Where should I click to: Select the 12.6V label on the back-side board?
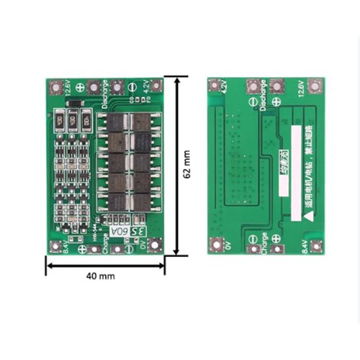point(299,90)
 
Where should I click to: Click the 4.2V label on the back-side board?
point(223,89)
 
